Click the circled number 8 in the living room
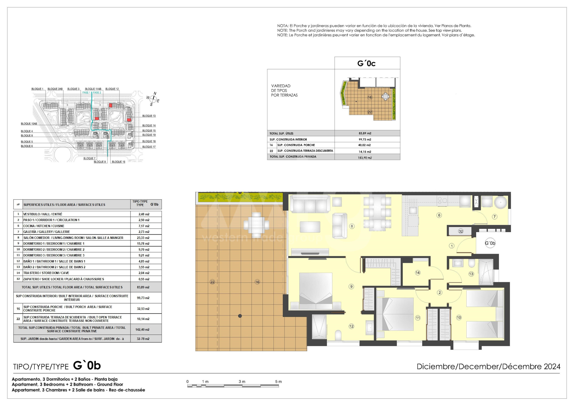[x=352, y=226]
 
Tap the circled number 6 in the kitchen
[x=439, y=215]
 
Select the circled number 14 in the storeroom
[x=418, y=273]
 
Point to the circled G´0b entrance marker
[x=490, y=243]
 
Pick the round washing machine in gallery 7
[x=501, y=202]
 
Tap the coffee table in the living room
[x=310, y=227]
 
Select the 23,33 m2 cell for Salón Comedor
[x=143, y=238]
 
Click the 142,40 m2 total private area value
[x=143, y=329]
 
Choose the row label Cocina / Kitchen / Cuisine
[x=44, y=226]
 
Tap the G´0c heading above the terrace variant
[x=367, y=63]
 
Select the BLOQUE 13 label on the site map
[x=149, y=116]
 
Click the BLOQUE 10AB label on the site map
[x=29, y=124]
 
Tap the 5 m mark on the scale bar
[x=278, y=381]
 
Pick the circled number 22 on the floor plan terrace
[x=212, y=282]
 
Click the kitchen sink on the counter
[x=413, y=210]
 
